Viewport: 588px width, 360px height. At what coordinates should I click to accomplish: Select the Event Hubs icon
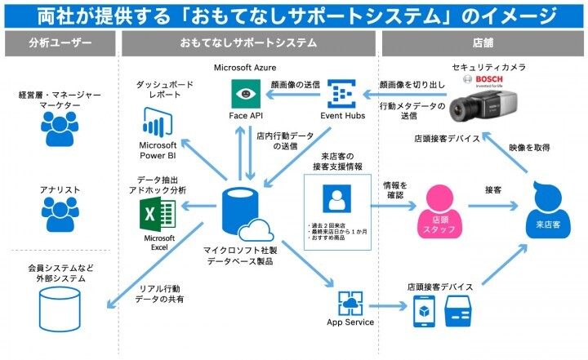pos(341,95)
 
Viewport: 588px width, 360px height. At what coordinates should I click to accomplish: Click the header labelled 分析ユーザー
pos(60,42)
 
